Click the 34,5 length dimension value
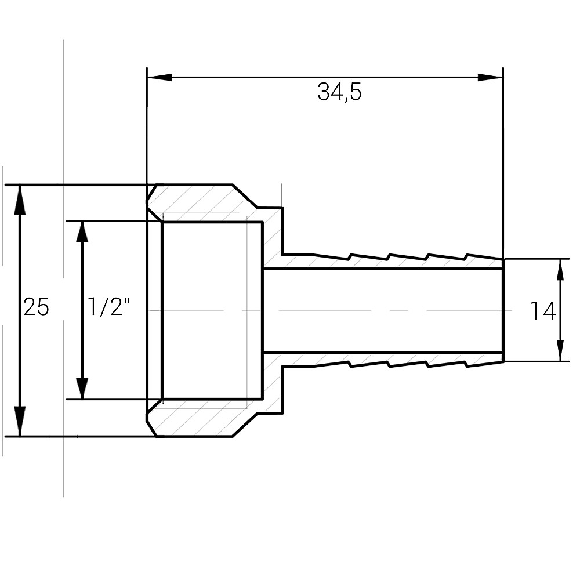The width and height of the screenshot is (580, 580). point(339,92)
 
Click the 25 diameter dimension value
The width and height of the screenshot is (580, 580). point(36,307)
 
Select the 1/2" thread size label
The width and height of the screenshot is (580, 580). point(108,307)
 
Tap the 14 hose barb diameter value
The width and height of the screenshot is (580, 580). point(542,311)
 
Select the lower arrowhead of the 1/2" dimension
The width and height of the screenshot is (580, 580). point(82,387)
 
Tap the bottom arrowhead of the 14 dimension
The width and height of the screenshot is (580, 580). point(560,350)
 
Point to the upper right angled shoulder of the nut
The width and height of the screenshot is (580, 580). point(245,196)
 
